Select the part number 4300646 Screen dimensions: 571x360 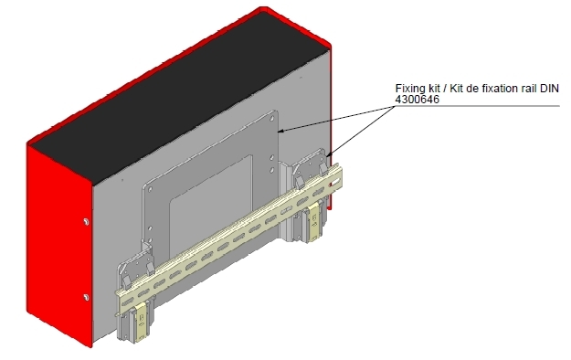point(418,100)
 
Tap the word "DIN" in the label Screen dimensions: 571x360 point(549,89)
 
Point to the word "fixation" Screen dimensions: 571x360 point(498,89)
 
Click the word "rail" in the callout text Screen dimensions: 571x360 point(527,89)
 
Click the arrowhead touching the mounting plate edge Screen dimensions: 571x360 point(282,130)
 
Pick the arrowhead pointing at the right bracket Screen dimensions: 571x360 point(329,154)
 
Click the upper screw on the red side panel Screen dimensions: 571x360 point(86,221)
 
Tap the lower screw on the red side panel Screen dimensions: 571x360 point(86,298)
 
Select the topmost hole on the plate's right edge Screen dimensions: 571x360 point(272,120)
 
